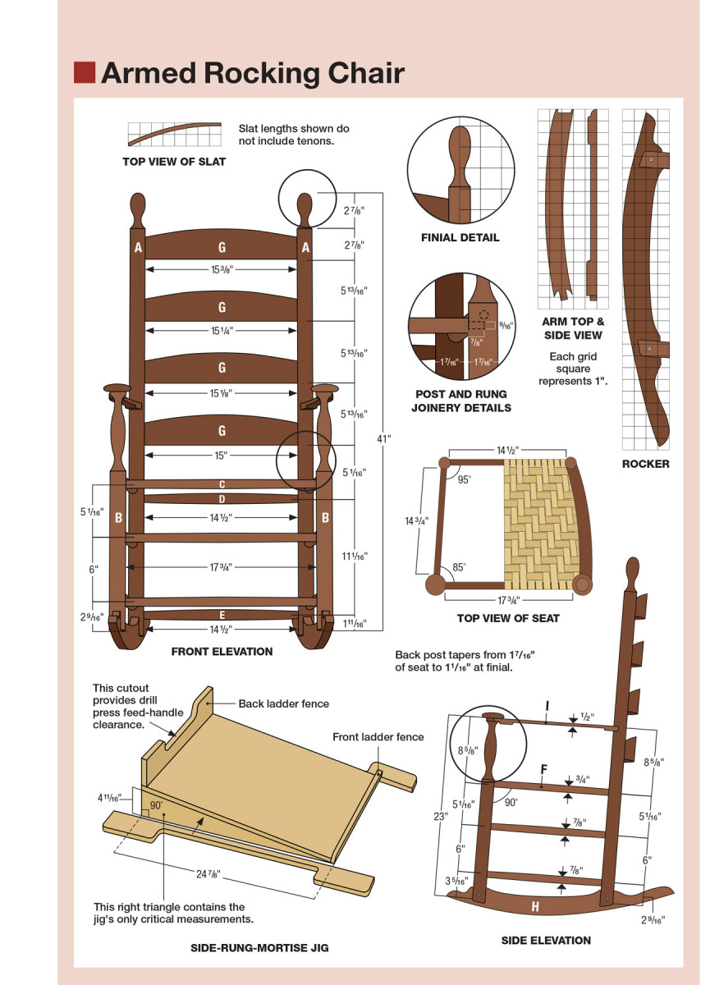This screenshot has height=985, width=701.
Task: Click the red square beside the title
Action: (x=84, y=72)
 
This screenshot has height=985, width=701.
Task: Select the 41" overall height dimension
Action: (x=383, y=438)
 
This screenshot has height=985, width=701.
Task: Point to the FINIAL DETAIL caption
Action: (x=460, y=238)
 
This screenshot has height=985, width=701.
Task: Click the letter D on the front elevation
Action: (x=222, y=498)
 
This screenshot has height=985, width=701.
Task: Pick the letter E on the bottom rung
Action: (x=222, y=614)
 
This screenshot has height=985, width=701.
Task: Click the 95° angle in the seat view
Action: (x=465, y=480)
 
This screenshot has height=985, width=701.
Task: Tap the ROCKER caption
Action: (x=645, y=464)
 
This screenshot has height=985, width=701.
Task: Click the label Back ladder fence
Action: (x=283, y=703)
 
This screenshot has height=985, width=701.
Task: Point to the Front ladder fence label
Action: (x=378, y=737)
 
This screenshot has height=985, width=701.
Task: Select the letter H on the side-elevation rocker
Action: (x=535, y=907)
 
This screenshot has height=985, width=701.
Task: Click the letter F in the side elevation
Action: (x=543, y=770)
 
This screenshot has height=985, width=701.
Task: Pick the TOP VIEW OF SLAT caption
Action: (x=174, y=162)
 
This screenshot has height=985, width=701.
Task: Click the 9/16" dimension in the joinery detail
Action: (x=506, y=326)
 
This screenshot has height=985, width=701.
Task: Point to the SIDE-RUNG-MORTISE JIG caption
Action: (x=259, y=948)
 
